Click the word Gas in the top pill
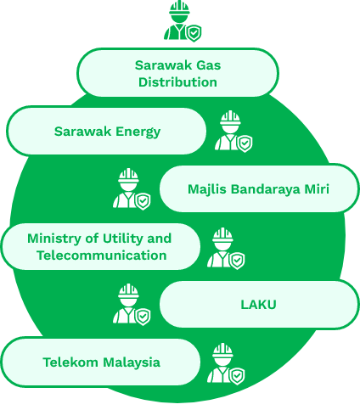(209, 65)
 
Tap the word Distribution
(177, 82)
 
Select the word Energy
(138, 132)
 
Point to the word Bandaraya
(265, 189)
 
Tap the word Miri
(317, 189)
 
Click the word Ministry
(54, 239)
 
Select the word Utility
(123, 239)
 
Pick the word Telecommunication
(102, 256)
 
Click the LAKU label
(258, 305)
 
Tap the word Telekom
(70, 362)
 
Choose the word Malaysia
(132, 362)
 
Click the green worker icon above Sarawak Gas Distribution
(183, 21)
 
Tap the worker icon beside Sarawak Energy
(233, 132)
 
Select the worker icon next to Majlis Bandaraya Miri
(132, 189)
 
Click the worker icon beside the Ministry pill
(226, 249)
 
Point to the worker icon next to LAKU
(132, 305)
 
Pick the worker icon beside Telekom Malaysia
(226, 364)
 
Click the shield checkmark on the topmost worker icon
(194, 33)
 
